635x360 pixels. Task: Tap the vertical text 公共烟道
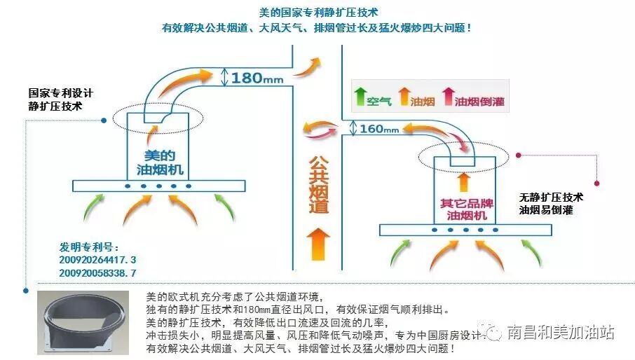point(319,184)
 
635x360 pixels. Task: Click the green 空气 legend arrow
point(361,97)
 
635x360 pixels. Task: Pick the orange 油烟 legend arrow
point(404,97)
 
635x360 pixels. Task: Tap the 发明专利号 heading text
point(89,247)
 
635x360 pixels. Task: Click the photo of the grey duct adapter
point(82,321)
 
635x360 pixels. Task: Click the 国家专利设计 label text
point(60,93)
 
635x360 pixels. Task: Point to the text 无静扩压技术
point(551,198)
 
